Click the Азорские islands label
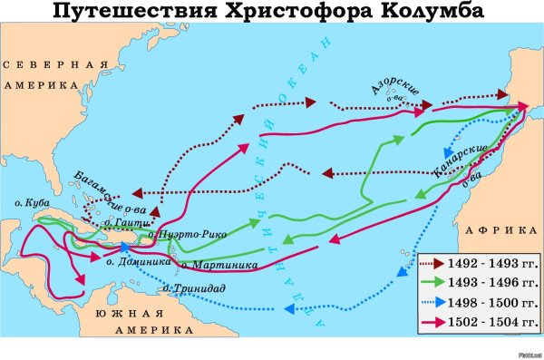(x=393, y=90)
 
